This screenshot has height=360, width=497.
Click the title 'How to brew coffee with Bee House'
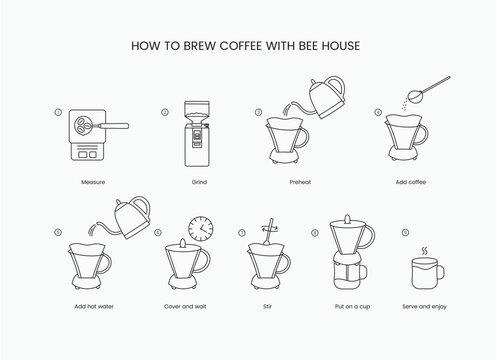[248, 45]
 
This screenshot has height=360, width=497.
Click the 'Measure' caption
[92, 183]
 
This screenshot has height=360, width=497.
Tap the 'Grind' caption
[199, 183]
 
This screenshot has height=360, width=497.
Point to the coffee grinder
[198, 137]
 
